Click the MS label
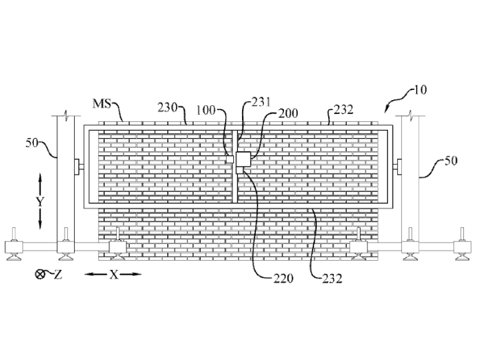(x=102, y=103)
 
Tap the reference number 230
(x=167, y=107)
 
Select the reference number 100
(x=205, y=110)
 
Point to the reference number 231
(x=261, y=102)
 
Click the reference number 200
(x=288, y=113)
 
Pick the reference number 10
(x=420, y=90)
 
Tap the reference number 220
(x=283, y=278)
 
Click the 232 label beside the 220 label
(x=332, y=278)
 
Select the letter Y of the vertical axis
(x=40, y=202)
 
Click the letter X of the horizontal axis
(x=113, y=275)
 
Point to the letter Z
(x=58, y=275)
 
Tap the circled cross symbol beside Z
(x=39, y=274)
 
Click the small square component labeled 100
(x=230, y=159)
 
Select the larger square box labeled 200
(x=243, y=159)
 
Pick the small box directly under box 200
(x=240, y=170)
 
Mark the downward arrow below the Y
(x=40, y=219)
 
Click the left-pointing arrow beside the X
(x=96, y=274)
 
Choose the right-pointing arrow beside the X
(x=131, y=274)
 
